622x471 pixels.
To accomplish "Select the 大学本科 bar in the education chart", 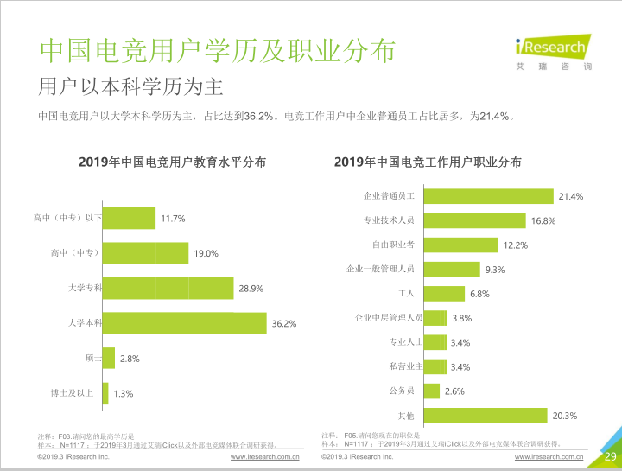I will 184,323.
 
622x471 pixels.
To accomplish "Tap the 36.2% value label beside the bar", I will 284,324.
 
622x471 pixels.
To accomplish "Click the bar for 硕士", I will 108,358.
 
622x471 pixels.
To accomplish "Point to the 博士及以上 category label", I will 77,393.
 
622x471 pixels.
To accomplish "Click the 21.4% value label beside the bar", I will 571,197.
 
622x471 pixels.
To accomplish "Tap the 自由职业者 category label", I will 393,245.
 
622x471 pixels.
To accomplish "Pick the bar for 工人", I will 443,294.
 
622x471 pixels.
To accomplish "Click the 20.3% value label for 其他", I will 565,416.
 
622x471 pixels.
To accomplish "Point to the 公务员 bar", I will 431,391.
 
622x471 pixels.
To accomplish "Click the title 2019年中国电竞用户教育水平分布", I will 172,162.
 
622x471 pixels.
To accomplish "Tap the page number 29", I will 609,456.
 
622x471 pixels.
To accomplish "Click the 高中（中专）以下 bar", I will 129,219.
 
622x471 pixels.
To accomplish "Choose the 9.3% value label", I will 495,270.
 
